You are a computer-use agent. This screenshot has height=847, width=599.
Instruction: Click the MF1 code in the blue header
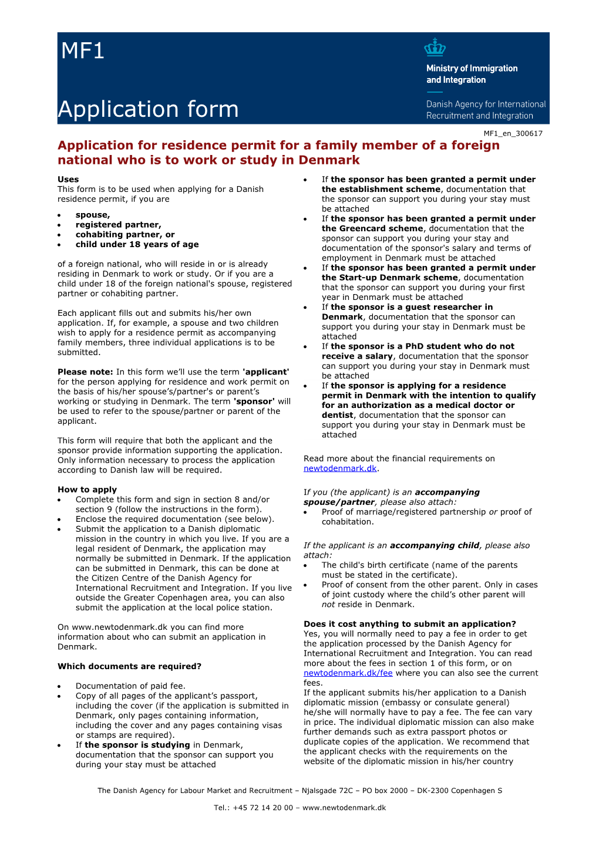[x=83, y=52]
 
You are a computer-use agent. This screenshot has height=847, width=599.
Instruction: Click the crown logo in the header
[x=435, y=48]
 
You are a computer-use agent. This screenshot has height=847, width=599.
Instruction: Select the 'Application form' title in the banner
[x=148, y=110]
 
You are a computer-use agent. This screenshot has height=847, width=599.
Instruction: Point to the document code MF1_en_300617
[x=513, y=134]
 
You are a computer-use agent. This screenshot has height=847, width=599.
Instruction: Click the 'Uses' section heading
[x=68, y=180]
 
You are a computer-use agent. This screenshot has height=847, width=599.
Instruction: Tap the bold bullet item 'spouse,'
[x=93, y=215]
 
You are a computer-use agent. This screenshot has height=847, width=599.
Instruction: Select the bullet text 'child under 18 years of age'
[x=137, y=244]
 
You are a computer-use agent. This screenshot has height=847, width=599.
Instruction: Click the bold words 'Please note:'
[x=85, y=372]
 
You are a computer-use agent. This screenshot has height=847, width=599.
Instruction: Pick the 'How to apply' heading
[x=87, y=490]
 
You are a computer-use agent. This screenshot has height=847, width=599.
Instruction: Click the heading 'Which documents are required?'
[x=129, y=666]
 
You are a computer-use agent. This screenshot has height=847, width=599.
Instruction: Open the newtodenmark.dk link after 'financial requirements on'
[x=340, y=468]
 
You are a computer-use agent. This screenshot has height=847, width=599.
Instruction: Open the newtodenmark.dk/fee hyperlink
[x=348, y=673]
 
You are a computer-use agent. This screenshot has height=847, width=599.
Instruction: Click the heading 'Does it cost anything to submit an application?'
[x=409, y=624]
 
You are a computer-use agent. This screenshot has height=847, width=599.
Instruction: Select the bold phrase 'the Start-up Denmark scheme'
[x=389, y=278]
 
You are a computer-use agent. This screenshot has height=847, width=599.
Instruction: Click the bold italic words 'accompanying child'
[x=435, y=545]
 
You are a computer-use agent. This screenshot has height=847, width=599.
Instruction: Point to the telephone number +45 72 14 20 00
[x=263, y=808]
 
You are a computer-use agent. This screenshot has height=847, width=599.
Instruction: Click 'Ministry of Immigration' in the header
[x=472, y=69]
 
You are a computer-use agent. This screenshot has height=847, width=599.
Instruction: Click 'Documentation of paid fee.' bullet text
[x=130, y=686]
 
